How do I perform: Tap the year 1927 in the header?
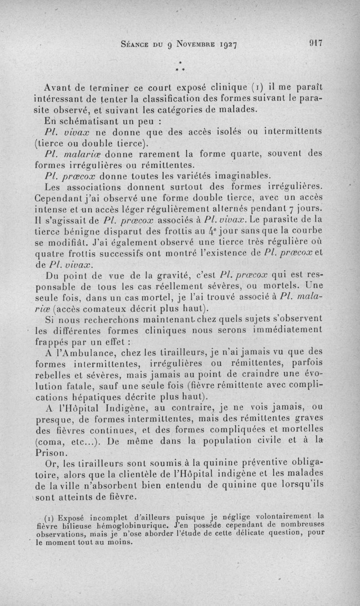click(225, 45)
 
